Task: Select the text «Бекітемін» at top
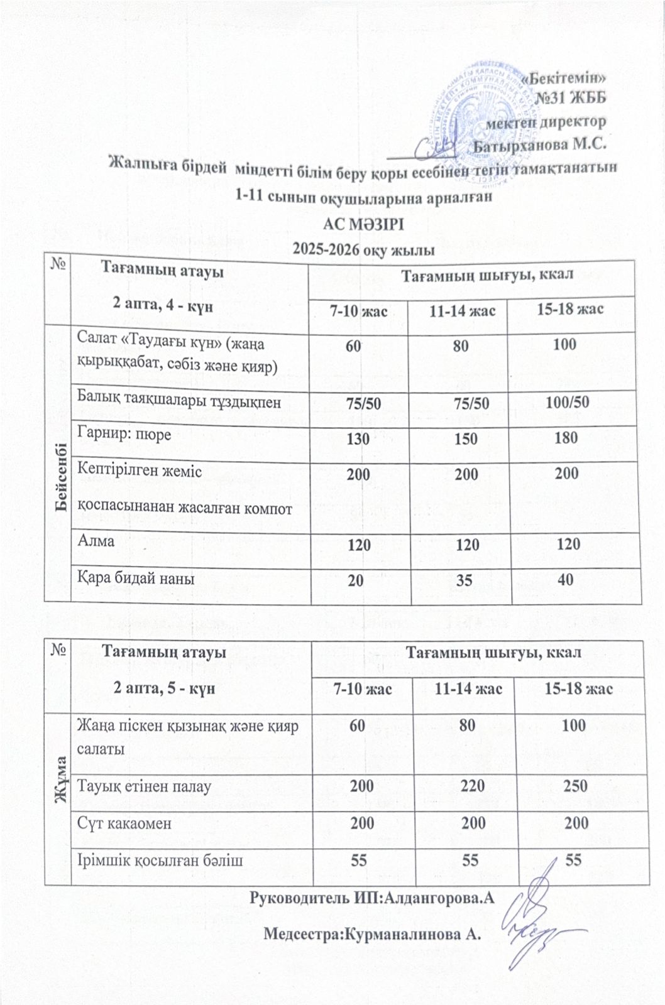[566, 79]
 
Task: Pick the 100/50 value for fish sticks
[567, 402]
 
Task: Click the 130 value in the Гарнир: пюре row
[358, 438]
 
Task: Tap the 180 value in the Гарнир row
[566, 437]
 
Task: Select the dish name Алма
[96, 540]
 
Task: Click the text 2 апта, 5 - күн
[165, 688]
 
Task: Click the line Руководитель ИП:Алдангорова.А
[370, 898]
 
